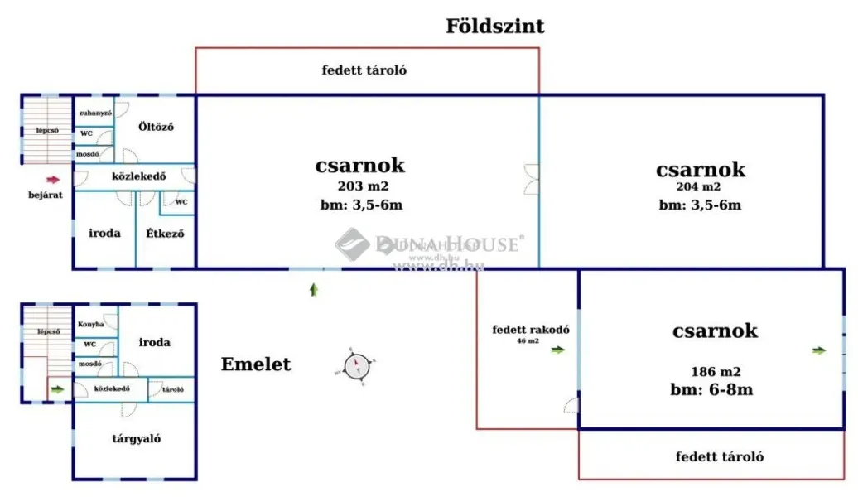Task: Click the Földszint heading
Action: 495,27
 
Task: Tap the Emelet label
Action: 256,364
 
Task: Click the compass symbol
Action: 356,365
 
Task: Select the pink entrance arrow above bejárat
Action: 53,179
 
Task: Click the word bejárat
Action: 45,195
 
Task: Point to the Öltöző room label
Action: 156,127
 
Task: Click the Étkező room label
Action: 165,234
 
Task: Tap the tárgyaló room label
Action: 137,438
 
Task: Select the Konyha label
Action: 91,324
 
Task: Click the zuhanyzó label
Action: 95,113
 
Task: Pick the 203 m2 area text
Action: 362,186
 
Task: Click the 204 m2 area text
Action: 699,187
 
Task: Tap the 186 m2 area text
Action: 716,372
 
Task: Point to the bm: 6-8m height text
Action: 711,389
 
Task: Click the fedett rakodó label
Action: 531,329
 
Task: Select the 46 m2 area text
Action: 528,340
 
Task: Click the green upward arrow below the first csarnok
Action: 313,289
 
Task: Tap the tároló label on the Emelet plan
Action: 173,389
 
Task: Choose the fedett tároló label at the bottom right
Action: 719,456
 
